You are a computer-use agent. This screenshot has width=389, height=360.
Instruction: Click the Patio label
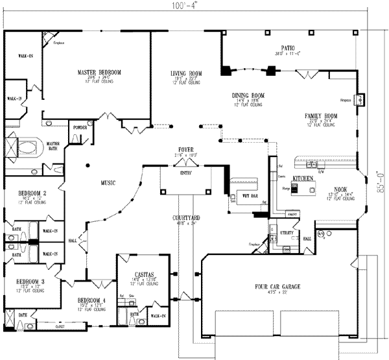(289, 48)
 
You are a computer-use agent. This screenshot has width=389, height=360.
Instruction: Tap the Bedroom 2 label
(32, 193)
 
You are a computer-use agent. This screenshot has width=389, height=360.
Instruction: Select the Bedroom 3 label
(32, 281)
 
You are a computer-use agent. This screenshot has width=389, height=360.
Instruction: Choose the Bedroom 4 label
(91, 300)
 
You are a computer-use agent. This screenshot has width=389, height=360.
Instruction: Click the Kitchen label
(303, 177)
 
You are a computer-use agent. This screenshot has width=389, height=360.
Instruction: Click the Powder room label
(80, 128)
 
